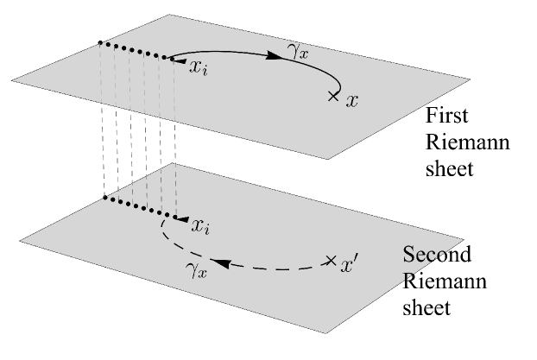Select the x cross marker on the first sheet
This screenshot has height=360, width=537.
point(333,98)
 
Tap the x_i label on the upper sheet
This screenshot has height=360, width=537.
point(199,65)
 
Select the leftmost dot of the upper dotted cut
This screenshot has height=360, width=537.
point(101,41)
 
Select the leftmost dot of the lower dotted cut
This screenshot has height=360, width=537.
point(104,199)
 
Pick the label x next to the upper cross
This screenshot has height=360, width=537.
point(351,102)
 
